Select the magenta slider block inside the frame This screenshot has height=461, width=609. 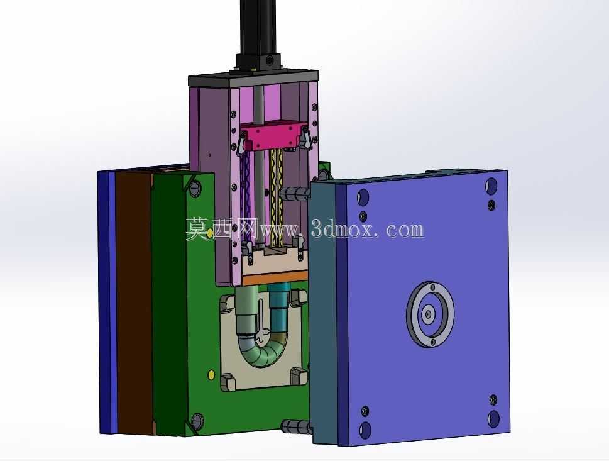point(274,136)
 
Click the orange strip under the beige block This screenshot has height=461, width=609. point(275,277)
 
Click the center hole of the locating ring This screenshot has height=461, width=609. point(428,314)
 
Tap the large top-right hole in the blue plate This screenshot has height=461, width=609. point(491,186)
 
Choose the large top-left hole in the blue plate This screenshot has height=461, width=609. point(363,197)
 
